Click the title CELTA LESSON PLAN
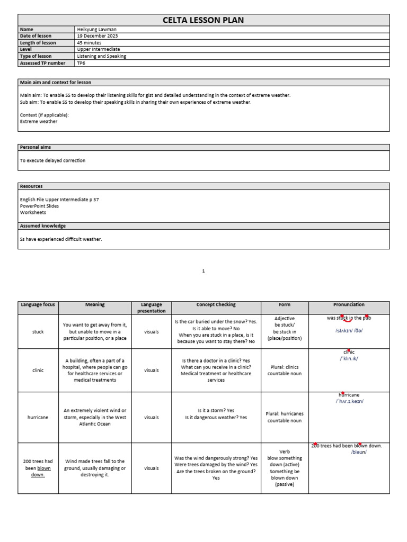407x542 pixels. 203,20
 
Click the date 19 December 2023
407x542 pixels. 97,36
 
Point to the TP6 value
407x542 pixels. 81,63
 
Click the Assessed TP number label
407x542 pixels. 42,63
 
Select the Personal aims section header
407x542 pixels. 35,147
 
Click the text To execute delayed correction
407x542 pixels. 52,160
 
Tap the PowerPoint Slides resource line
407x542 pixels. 39,206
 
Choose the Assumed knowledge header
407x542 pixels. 42,226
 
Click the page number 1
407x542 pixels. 203,271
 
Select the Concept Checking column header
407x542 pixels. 216,305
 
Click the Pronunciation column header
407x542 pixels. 349,305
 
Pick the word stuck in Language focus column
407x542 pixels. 38,332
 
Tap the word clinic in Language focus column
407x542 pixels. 38,371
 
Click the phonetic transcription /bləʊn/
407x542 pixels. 359,452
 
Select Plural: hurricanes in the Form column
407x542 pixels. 285,414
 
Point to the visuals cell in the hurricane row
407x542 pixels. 151,418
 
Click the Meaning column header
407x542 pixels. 95,305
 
